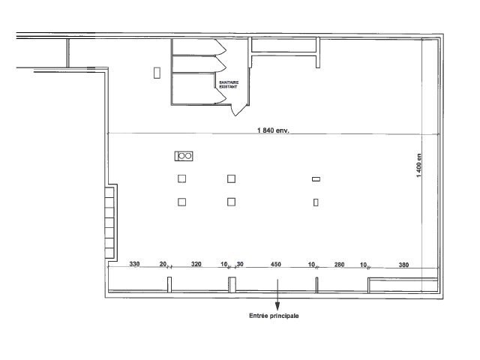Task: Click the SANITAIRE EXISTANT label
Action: (x=229, y=85)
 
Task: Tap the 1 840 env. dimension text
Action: (x=273, y=130)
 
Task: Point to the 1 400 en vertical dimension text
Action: (x=418, y=165)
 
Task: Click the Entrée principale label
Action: (x=274, y=316)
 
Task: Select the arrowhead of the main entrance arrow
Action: (x=277, y=306)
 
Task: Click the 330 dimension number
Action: (x=134, y=264)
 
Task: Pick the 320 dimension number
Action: (x=196, y=264)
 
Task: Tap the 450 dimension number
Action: (x=276, y=264)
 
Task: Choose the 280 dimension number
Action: (x=339, y=265)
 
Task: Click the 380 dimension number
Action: (x=403, y=265)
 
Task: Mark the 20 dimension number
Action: (x=163, y=264)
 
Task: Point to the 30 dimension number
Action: (x=240, y=264)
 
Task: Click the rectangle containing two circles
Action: (x=184, y=156)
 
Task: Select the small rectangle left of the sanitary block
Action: (x=157, y=73)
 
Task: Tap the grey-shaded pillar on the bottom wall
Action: (x=232, y=284)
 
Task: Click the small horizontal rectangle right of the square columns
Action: (x=316, y=179)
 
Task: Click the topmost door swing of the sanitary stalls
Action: (x=220, y=46)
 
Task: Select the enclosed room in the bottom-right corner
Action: (x=403, y=285)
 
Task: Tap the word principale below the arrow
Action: (x=284, y=316)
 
